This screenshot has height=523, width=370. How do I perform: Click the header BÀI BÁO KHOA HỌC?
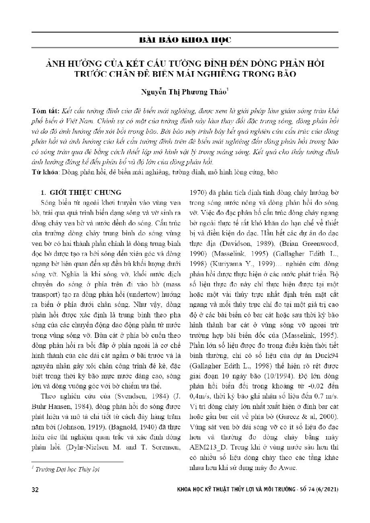[x=185, y=41]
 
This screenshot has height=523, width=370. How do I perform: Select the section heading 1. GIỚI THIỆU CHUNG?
[x=81, y=192]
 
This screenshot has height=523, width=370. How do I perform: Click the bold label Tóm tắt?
[x=44, y=110]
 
